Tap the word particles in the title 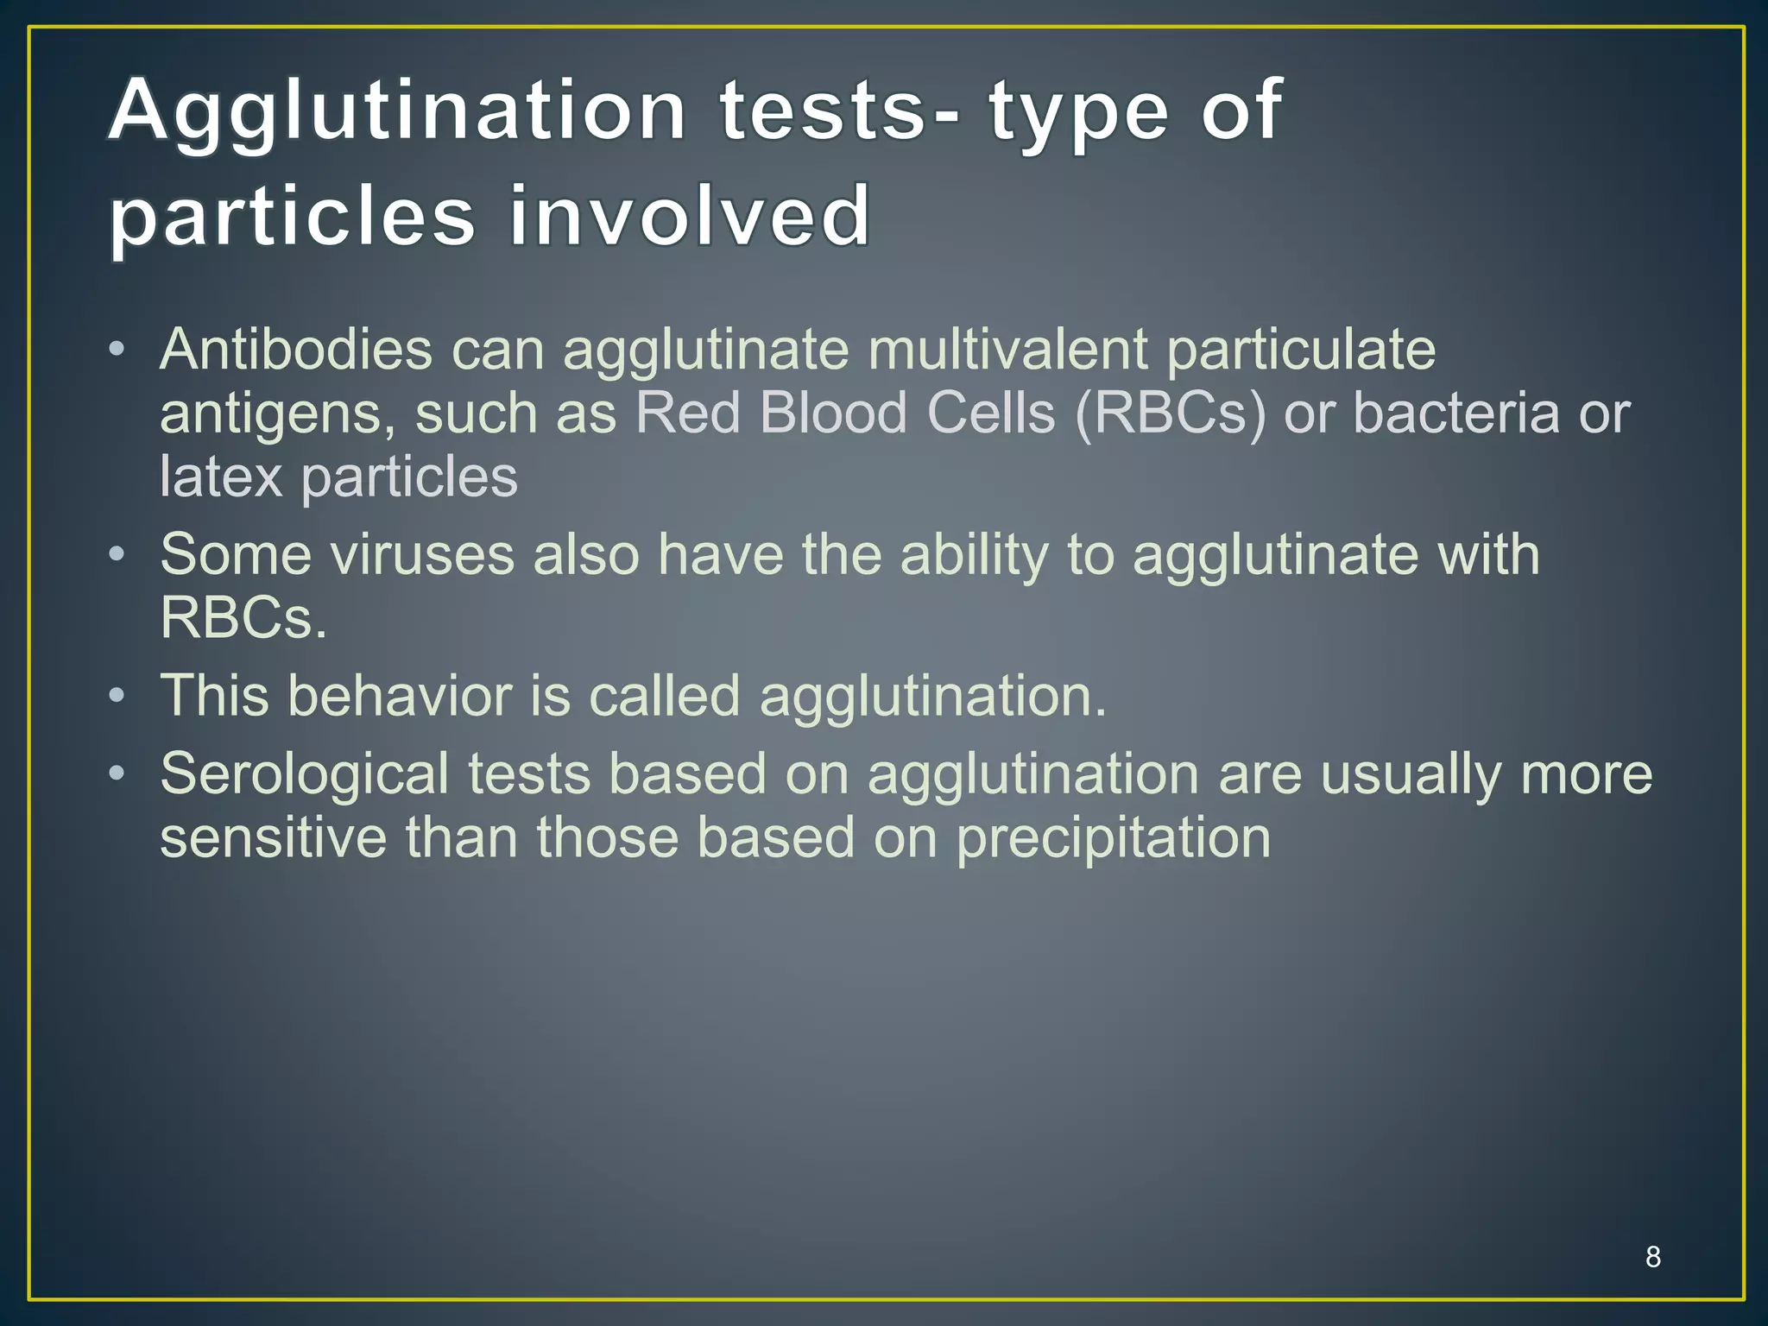292,218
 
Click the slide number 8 1652,1257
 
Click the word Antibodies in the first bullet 296,350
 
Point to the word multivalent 1007,350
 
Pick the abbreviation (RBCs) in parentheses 1170,414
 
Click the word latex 221,477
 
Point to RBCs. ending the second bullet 243,618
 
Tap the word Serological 304,774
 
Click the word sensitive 273,837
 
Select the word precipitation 1113,839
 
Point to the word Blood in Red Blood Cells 834,413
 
